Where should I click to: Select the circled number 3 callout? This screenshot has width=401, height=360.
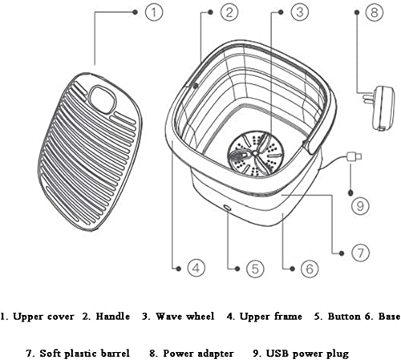tap(298, 12)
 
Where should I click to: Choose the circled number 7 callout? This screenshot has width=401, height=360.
tap(362, 252)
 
